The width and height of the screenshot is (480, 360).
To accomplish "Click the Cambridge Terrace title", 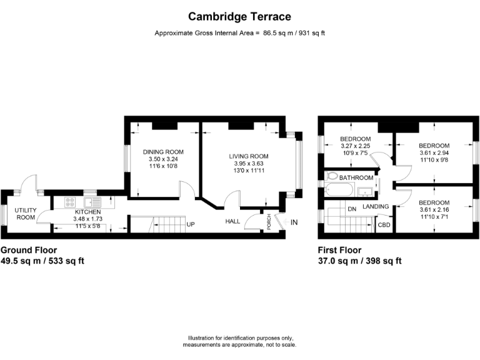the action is pyautogui.click(x=239, y=16).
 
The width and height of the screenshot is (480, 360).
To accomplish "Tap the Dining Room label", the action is pyautogui.click(x=163, y=152).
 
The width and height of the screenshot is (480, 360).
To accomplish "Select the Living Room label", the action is pyautogui.click(x=249, y=156).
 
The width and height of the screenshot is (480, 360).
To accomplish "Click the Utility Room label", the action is pyautogui.click(x=26, y=214).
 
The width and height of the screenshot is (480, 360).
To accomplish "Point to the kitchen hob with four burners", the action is pyautogui.click(x=70, y=202).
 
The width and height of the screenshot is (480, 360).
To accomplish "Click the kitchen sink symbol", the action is pyautogui.click(x=92, y=202).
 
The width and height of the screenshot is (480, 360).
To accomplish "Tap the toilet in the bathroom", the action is pyautogui.click(x=332, y=176).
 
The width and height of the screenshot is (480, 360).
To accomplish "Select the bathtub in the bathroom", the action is pyautogui.click(x=339, y=190).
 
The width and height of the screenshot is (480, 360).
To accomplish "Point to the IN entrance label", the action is pyautogui.click(x=294, y=222).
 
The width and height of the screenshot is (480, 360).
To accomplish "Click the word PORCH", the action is pyautogui.click(x=269, y=222).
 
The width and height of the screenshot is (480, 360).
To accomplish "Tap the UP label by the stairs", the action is pyautogui.click(x=191, y=224).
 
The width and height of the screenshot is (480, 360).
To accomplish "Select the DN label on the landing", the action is pyautogui.click(x=352, y=209).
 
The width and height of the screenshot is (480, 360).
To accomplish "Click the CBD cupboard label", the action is pyautogui.click(x=384, y=225).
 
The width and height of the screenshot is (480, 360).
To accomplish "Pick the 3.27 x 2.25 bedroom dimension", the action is pyautogui.click(x=356, y=146).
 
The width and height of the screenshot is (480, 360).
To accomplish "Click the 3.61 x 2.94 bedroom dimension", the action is pyautogui.click(x=434, y=152).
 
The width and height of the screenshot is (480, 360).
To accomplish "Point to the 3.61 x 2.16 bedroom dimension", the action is pyautogui.click(x=434, y=210).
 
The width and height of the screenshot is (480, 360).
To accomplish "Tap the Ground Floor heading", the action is pyautogui.click(x=29, y=250).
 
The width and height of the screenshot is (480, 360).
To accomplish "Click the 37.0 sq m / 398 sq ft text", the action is pyautogui.click(x=360, y=261).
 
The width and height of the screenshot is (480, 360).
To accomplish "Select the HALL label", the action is pyautogui.click(x=232, y=221).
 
